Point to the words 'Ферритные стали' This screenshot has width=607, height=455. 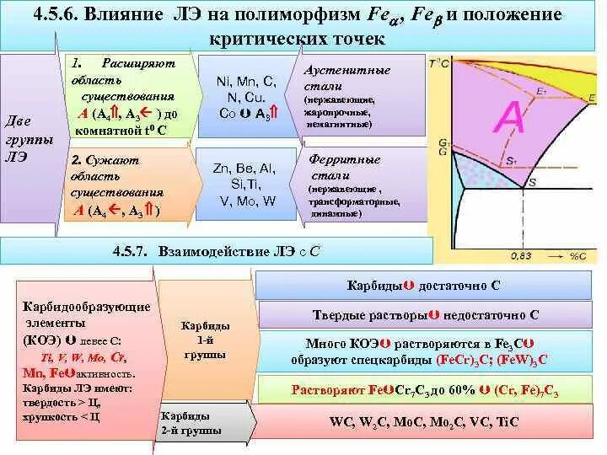[x=335, y=166]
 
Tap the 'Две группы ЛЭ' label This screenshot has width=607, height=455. [x=30, y=138]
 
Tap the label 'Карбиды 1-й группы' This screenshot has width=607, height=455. [x=205, y=340]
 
